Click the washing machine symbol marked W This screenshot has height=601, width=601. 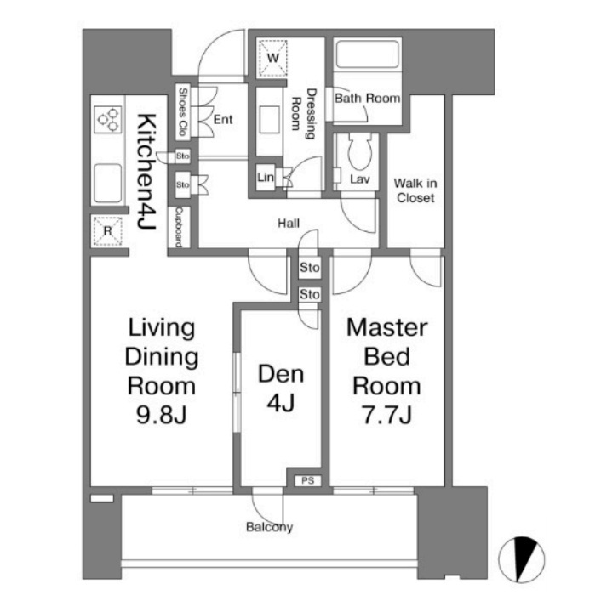272,58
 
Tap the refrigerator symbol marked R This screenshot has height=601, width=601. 108,230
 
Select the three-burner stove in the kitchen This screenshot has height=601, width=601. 108,119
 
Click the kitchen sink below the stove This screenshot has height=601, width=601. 108,183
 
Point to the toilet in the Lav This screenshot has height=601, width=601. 359,151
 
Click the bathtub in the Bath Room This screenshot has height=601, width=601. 367,53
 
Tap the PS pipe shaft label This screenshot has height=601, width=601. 308,480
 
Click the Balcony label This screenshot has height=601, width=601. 269,527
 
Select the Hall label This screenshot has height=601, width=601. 289,223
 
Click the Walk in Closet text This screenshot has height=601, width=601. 415,190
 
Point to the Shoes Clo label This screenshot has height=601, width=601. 183,111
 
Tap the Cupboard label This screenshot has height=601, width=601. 179,227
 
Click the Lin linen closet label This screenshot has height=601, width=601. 266,177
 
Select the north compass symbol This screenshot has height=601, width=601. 521,559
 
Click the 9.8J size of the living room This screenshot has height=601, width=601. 161,414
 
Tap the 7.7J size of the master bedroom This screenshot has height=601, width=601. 386,414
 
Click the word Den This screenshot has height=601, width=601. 281,374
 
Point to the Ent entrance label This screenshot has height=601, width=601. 223,120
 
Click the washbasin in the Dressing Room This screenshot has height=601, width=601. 269,119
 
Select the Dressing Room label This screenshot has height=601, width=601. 304,114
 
